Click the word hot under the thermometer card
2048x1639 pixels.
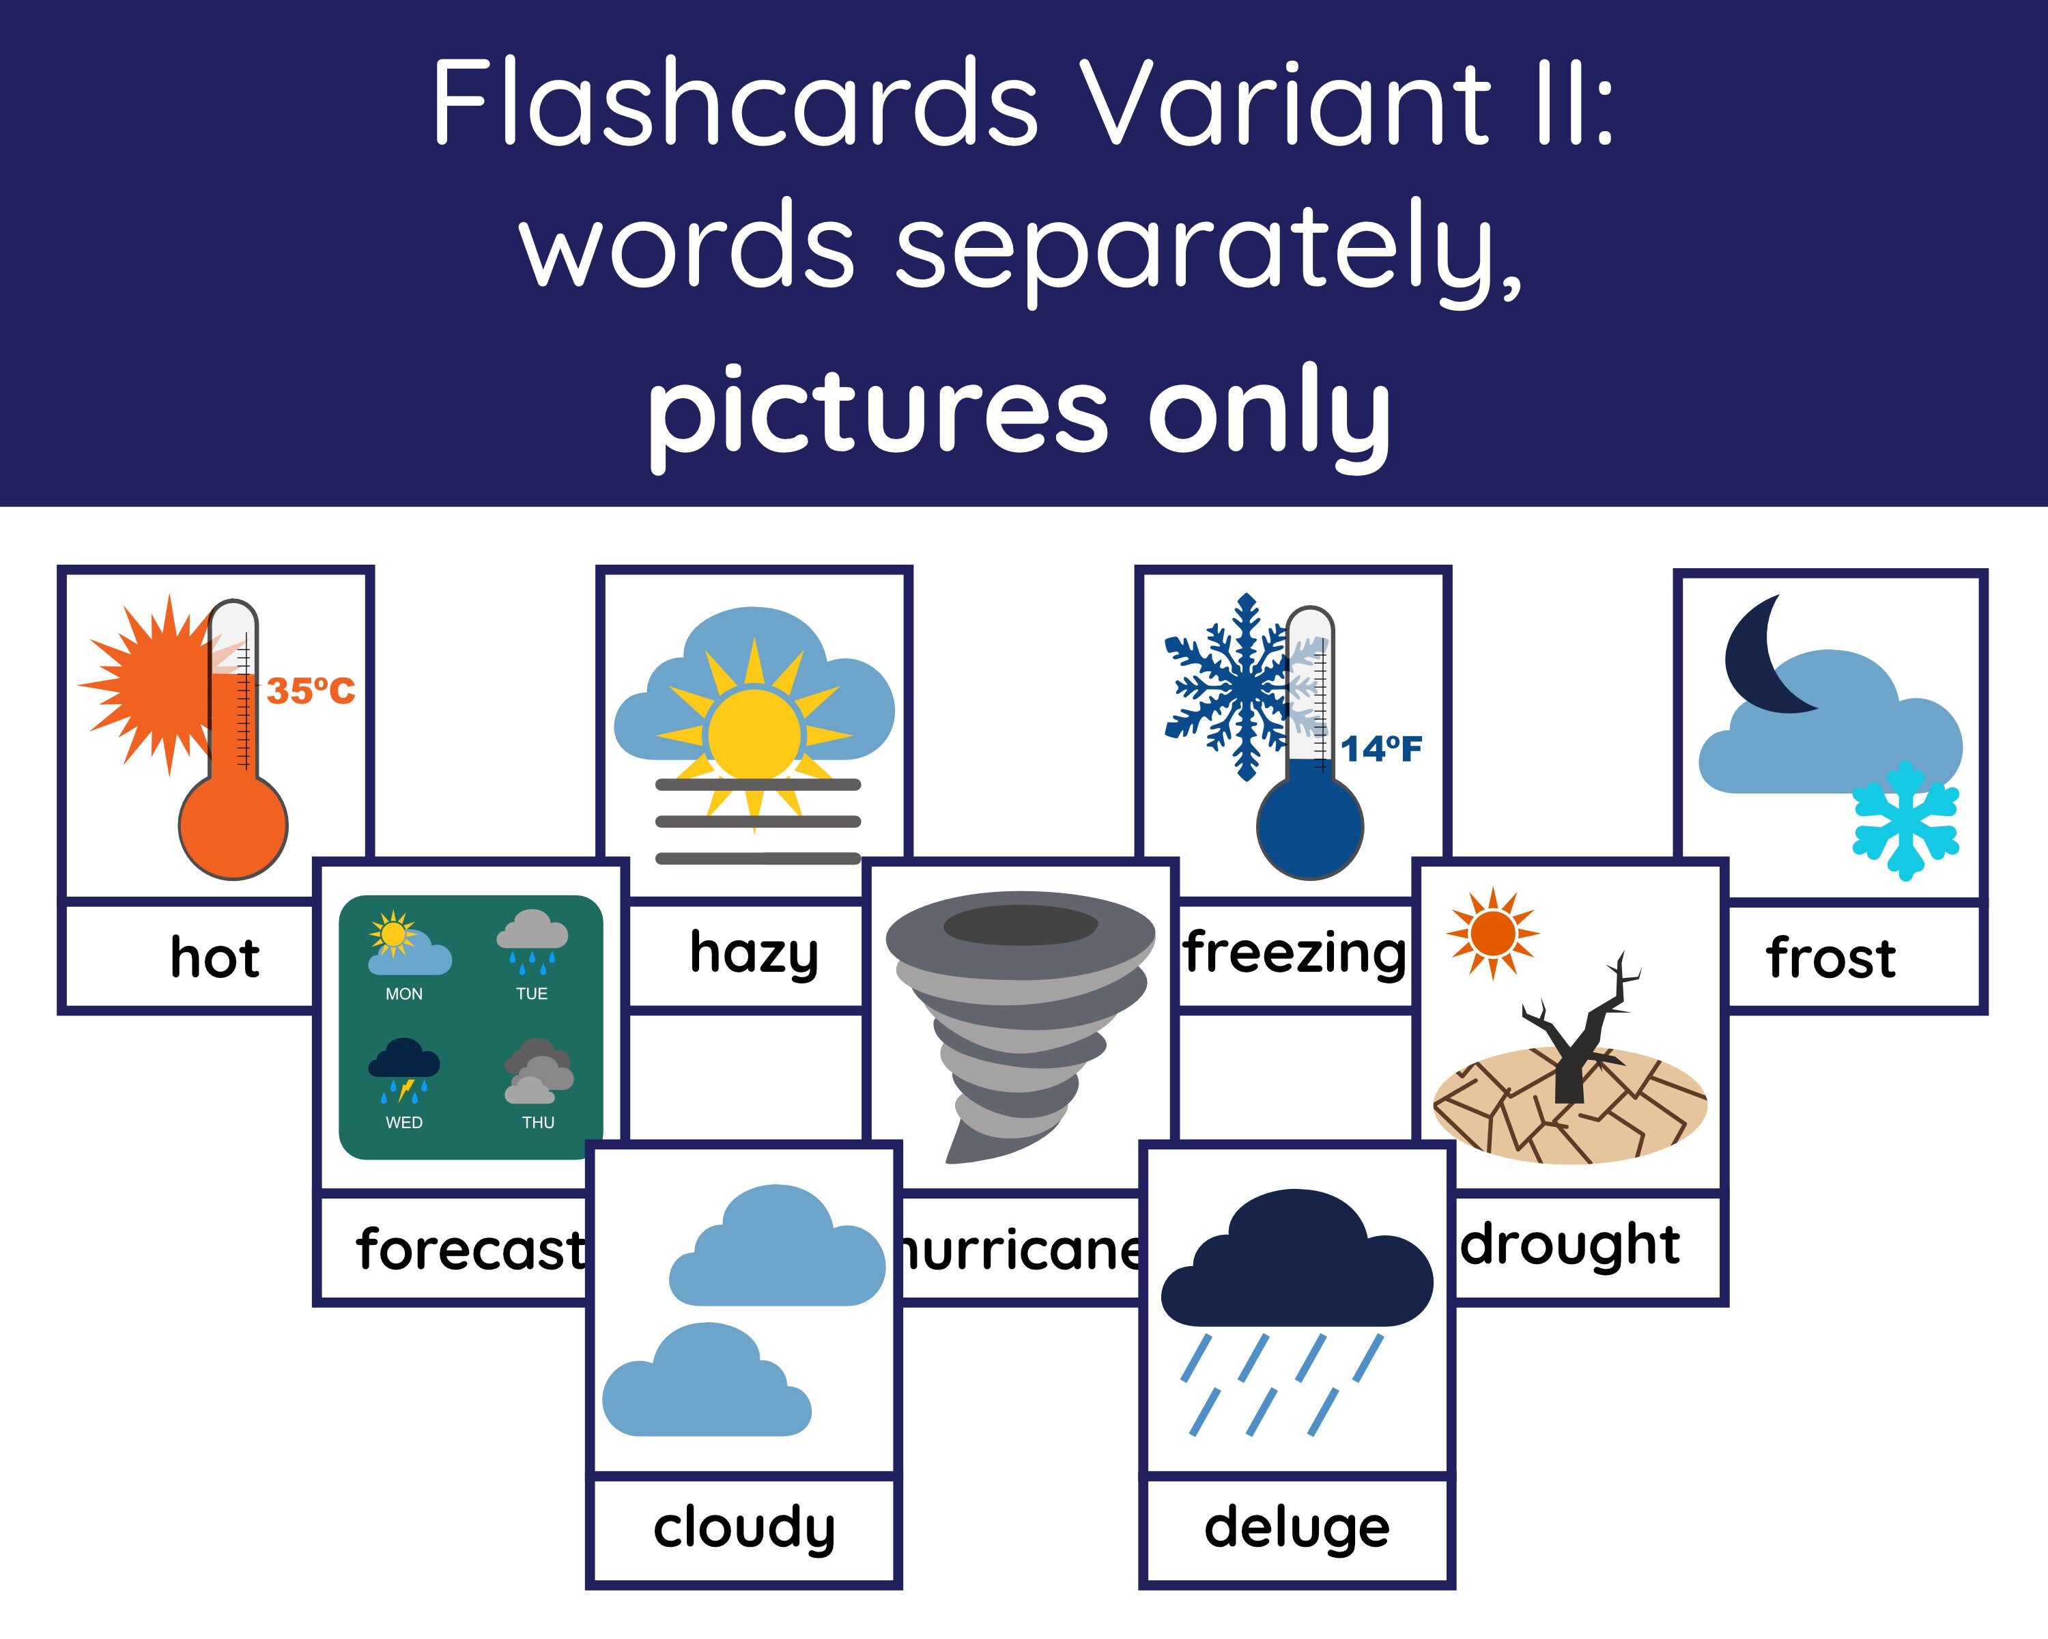point(214,957)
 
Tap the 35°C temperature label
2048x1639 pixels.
point(311,690)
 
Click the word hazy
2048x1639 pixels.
point(753,953)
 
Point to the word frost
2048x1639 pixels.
point(1830,957)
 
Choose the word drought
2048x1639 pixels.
point(1571,1245)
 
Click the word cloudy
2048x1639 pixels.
point(744,1528)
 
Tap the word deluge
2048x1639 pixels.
point(1296,1528)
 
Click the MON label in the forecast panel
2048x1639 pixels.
point(403,994)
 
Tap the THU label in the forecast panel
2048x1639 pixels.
point(538,1122)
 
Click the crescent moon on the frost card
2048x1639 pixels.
point(1762,656)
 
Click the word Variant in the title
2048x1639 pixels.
point(1285,102)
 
